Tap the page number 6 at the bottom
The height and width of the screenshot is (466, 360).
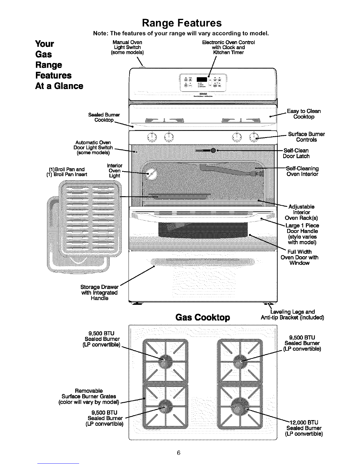[178, 452]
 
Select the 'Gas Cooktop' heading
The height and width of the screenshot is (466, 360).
[202, 318]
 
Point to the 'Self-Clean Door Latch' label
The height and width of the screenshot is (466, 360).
[296, 153]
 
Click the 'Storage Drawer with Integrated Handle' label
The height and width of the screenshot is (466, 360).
[99, 292]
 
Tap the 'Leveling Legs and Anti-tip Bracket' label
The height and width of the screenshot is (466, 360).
[292, 314]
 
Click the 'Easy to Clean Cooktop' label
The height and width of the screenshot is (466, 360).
[304, 114]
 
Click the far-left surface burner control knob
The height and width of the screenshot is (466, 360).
[152, 137]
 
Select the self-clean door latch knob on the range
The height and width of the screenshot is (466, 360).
[214, 150]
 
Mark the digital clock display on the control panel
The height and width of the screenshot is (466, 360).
[203, 79]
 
